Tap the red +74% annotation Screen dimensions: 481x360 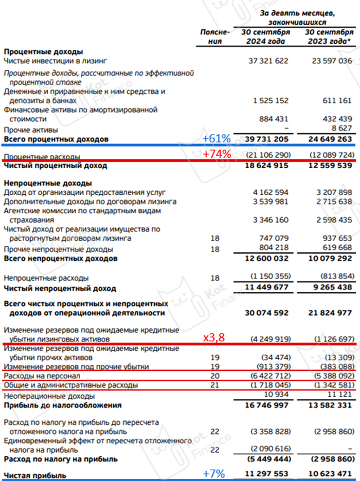216,154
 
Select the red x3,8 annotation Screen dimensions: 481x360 214,337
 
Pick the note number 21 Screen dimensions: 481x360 215,385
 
